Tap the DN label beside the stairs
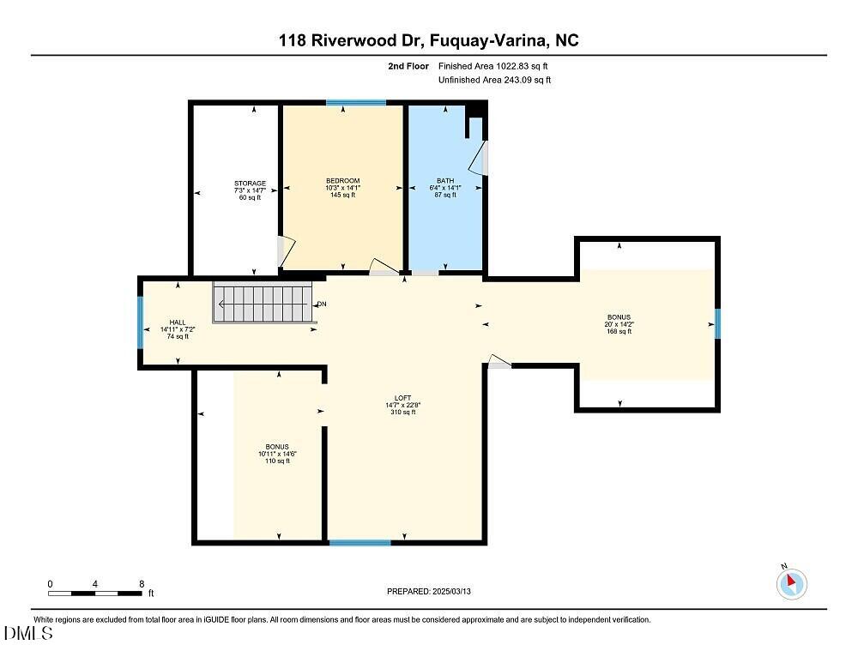coord(322,304)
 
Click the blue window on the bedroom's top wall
coord(355,104)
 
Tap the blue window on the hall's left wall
coord(141,322)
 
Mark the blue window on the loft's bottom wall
coord(360,542)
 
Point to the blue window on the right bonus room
coord(718,324)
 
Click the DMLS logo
coord(28,635)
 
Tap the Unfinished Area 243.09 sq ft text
coord(494,80)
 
